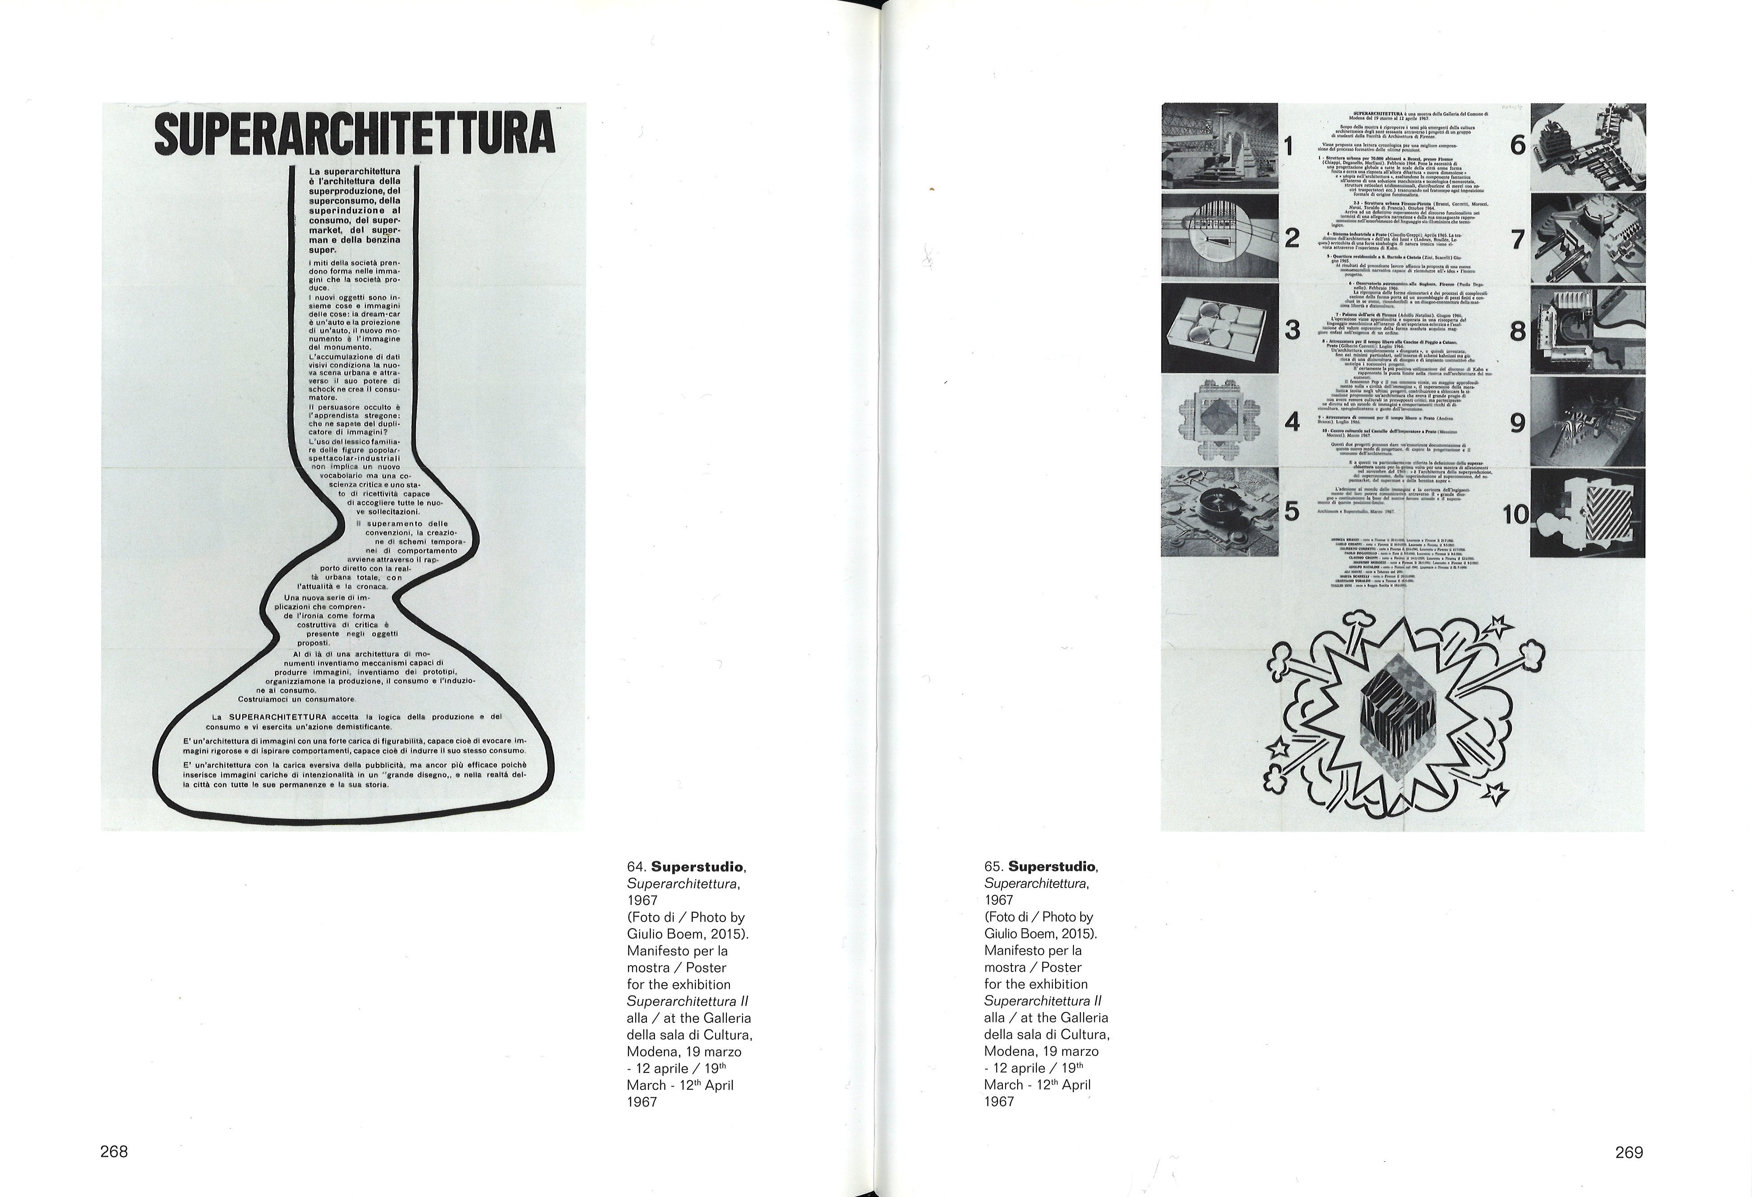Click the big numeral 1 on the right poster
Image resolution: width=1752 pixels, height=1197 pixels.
[x=1289, y=146]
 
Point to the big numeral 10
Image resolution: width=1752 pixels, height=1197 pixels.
[x=1515, y=515]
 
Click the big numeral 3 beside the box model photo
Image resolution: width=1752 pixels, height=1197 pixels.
[x=1292, y=330]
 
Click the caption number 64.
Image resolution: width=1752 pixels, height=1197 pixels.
[x=636, y=867]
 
